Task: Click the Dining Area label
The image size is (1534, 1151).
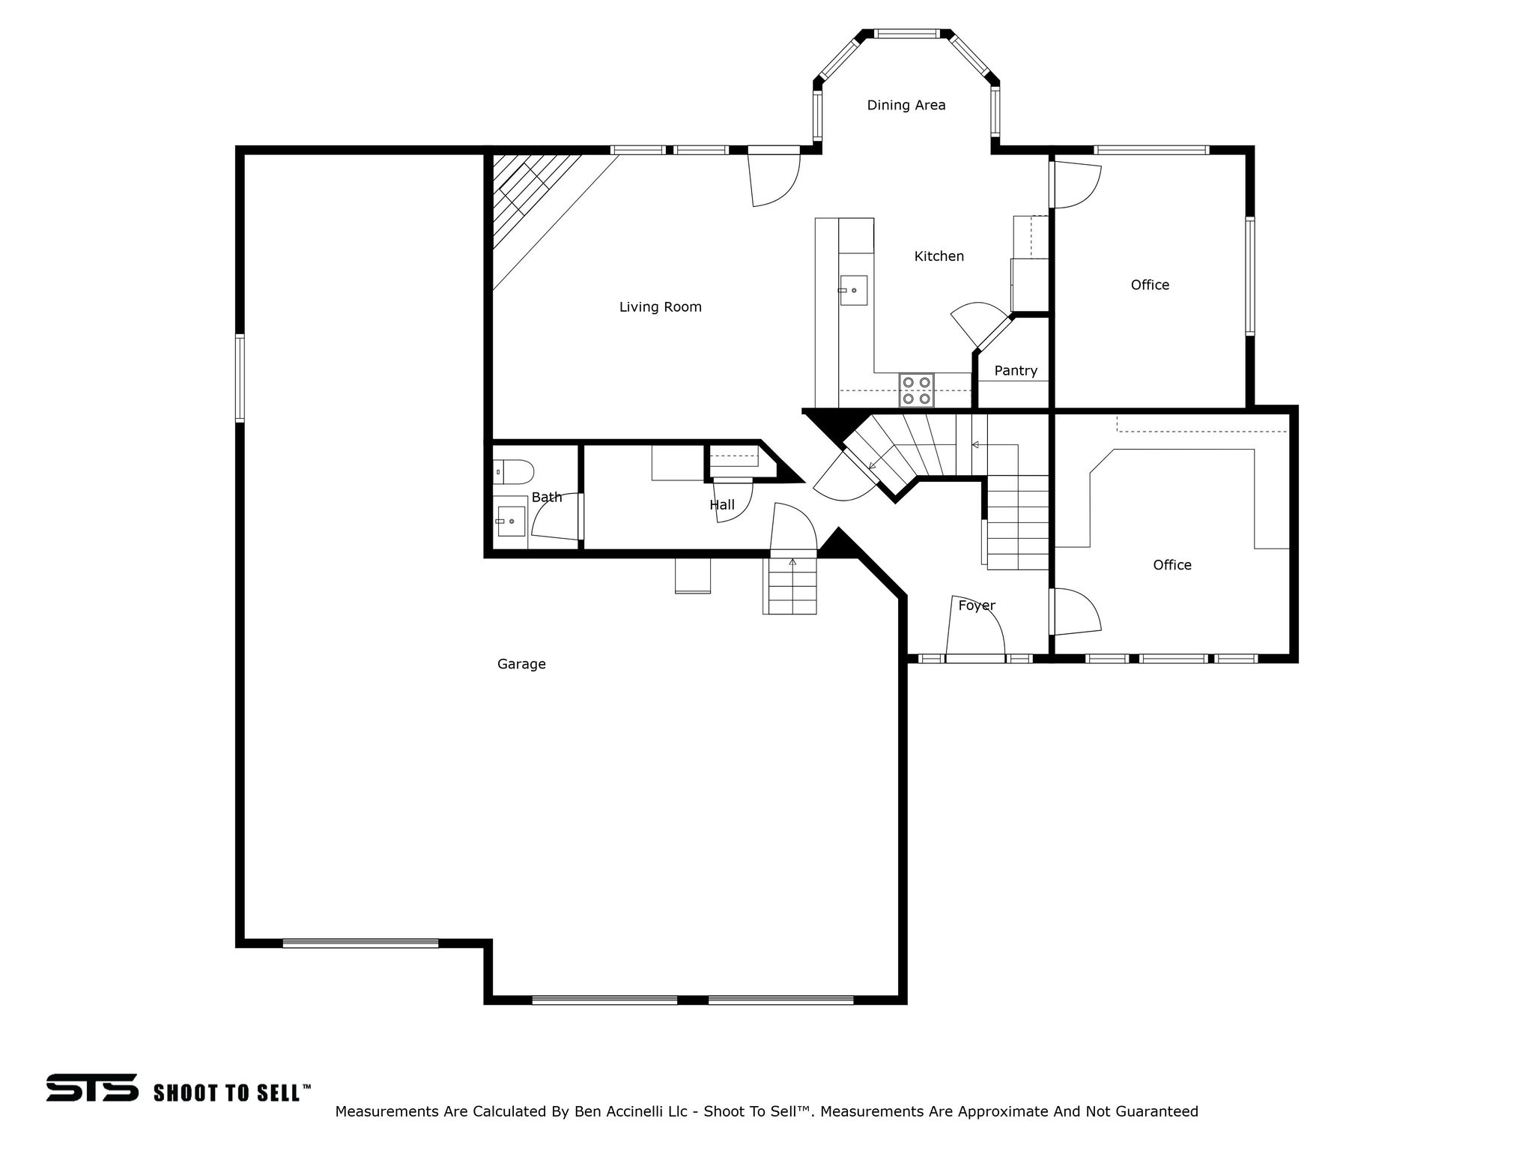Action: click(x=906, y=106)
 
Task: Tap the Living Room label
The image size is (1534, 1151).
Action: click(x=660, y=307)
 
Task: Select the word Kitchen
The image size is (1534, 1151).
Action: click(x=939, y=256)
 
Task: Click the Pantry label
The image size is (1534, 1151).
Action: click(x=1015, y=371)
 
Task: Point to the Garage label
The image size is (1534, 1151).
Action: click(x=521, y=664)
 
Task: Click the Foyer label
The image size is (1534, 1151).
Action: click(x=976, y=605)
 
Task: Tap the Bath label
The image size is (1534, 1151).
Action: click(x=546, y=497)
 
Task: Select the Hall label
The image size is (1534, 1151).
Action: click(x=721, y=505)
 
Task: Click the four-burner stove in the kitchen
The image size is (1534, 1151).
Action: click(x=916, y=390)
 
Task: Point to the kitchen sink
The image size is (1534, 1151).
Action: click(x=852, y=291)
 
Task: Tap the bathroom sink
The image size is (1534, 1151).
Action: click(x=511, y=521)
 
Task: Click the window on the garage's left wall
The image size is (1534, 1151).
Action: click(x=240, y=378)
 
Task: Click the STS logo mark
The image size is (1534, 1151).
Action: click(x=92, y=1087)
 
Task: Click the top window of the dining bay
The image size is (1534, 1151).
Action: click(x=906, y=34)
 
